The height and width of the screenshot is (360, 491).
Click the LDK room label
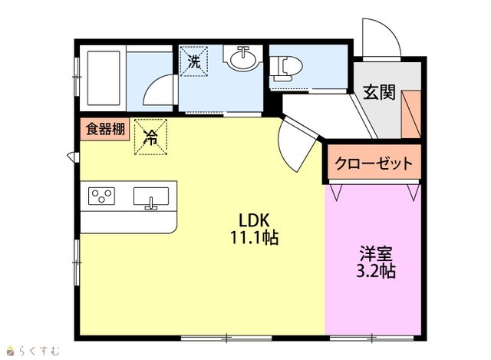(x=254, y=220)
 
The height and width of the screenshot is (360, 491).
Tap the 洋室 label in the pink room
(x=376, y=253)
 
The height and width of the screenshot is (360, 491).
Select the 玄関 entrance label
(x=379, y=92)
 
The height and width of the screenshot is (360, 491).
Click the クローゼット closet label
(x=374, y=163)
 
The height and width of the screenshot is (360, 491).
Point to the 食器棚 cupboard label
(x=105, y=129)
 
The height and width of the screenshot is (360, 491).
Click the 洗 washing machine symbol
(x=194, y=61)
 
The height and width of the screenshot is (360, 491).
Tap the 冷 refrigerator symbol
(x=150, y=137)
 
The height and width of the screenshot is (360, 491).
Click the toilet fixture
(x=286, y=68)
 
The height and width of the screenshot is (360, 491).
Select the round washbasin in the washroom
(x=242, y=58)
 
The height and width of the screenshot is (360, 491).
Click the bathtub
(x=104, y=78)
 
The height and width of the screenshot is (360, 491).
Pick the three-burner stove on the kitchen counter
(x=101, y=197)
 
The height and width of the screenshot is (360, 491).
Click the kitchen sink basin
(x=151, y=197)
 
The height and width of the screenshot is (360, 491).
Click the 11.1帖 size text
(x=254, y=237)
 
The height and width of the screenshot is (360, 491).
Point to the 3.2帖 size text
(x=376, y=271)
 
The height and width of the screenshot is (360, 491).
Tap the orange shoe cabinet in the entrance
(x=411, y=114)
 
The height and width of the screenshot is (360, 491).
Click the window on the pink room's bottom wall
(x=372, y=338)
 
